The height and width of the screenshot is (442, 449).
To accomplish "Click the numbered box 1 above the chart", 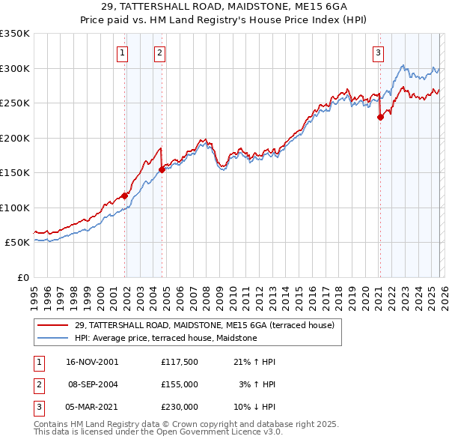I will point(121,52).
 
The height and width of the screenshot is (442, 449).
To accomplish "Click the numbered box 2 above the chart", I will point(160,52).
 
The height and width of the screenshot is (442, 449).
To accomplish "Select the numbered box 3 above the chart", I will point(379,52).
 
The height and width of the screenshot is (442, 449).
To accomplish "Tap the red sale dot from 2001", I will point(124,196).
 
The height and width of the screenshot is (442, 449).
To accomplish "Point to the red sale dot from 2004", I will point(162,169).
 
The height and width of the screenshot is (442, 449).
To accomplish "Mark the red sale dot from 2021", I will point(380,117).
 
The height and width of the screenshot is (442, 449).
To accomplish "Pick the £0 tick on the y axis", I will point(22,277).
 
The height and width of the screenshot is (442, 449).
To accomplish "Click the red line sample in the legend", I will point(54,325).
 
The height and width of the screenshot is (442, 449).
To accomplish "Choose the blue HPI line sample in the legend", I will point(54,338).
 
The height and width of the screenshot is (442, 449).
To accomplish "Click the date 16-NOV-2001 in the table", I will point(91,362).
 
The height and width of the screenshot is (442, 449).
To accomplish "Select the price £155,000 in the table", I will point(179,384).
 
